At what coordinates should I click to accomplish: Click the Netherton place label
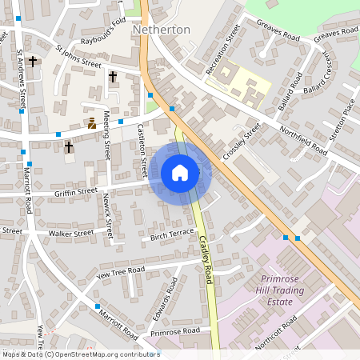[x=162, y=30]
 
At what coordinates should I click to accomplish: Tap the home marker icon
[x=180, y=172]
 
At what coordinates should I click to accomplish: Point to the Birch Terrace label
[x=173, y=234]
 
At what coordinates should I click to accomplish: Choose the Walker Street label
[x=71, y=234]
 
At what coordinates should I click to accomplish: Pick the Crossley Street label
[x=242, y=141]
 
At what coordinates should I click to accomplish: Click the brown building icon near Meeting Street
[x=92, y=123]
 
